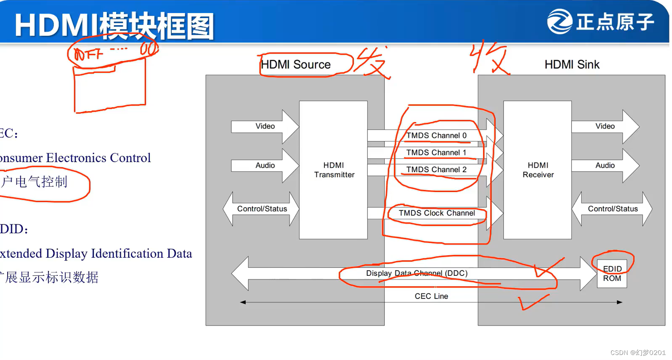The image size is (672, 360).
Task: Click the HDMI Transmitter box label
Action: click(334, 170)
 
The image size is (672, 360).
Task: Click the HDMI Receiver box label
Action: click(538, 170)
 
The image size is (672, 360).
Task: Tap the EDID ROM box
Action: click(612, 274)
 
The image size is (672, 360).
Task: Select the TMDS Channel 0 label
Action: click(436, 136)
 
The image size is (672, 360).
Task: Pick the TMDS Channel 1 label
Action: click(436, 153)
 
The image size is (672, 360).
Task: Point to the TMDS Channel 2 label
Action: click(436, 170)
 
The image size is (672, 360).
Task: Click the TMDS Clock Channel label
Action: click(437, 213)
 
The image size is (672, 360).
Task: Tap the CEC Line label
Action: click(431, 296)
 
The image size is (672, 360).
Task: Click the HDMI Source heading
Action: click(296, 64)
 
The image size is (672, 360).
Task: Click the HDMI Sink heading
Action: click(572, 64)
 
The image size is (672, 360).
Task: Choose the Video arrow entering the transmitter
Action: click(265, 126)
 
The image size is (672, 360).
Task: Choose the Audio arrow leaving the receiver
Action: click(605, 165)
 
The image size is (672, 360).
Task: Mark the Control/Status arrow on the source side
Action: click(262, 209)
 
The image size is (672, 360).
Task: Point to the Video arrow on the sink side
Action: click(605, 126)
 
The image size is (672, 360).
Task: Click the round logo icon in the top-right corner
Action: click(560, 21)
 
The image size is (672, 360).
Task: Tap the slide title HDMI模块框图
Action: click(114, 26)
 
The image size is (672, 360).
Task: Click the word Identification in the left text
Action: click(127, 253)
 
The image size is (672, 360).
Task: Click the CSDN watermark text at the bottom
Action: click(638, 352)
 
